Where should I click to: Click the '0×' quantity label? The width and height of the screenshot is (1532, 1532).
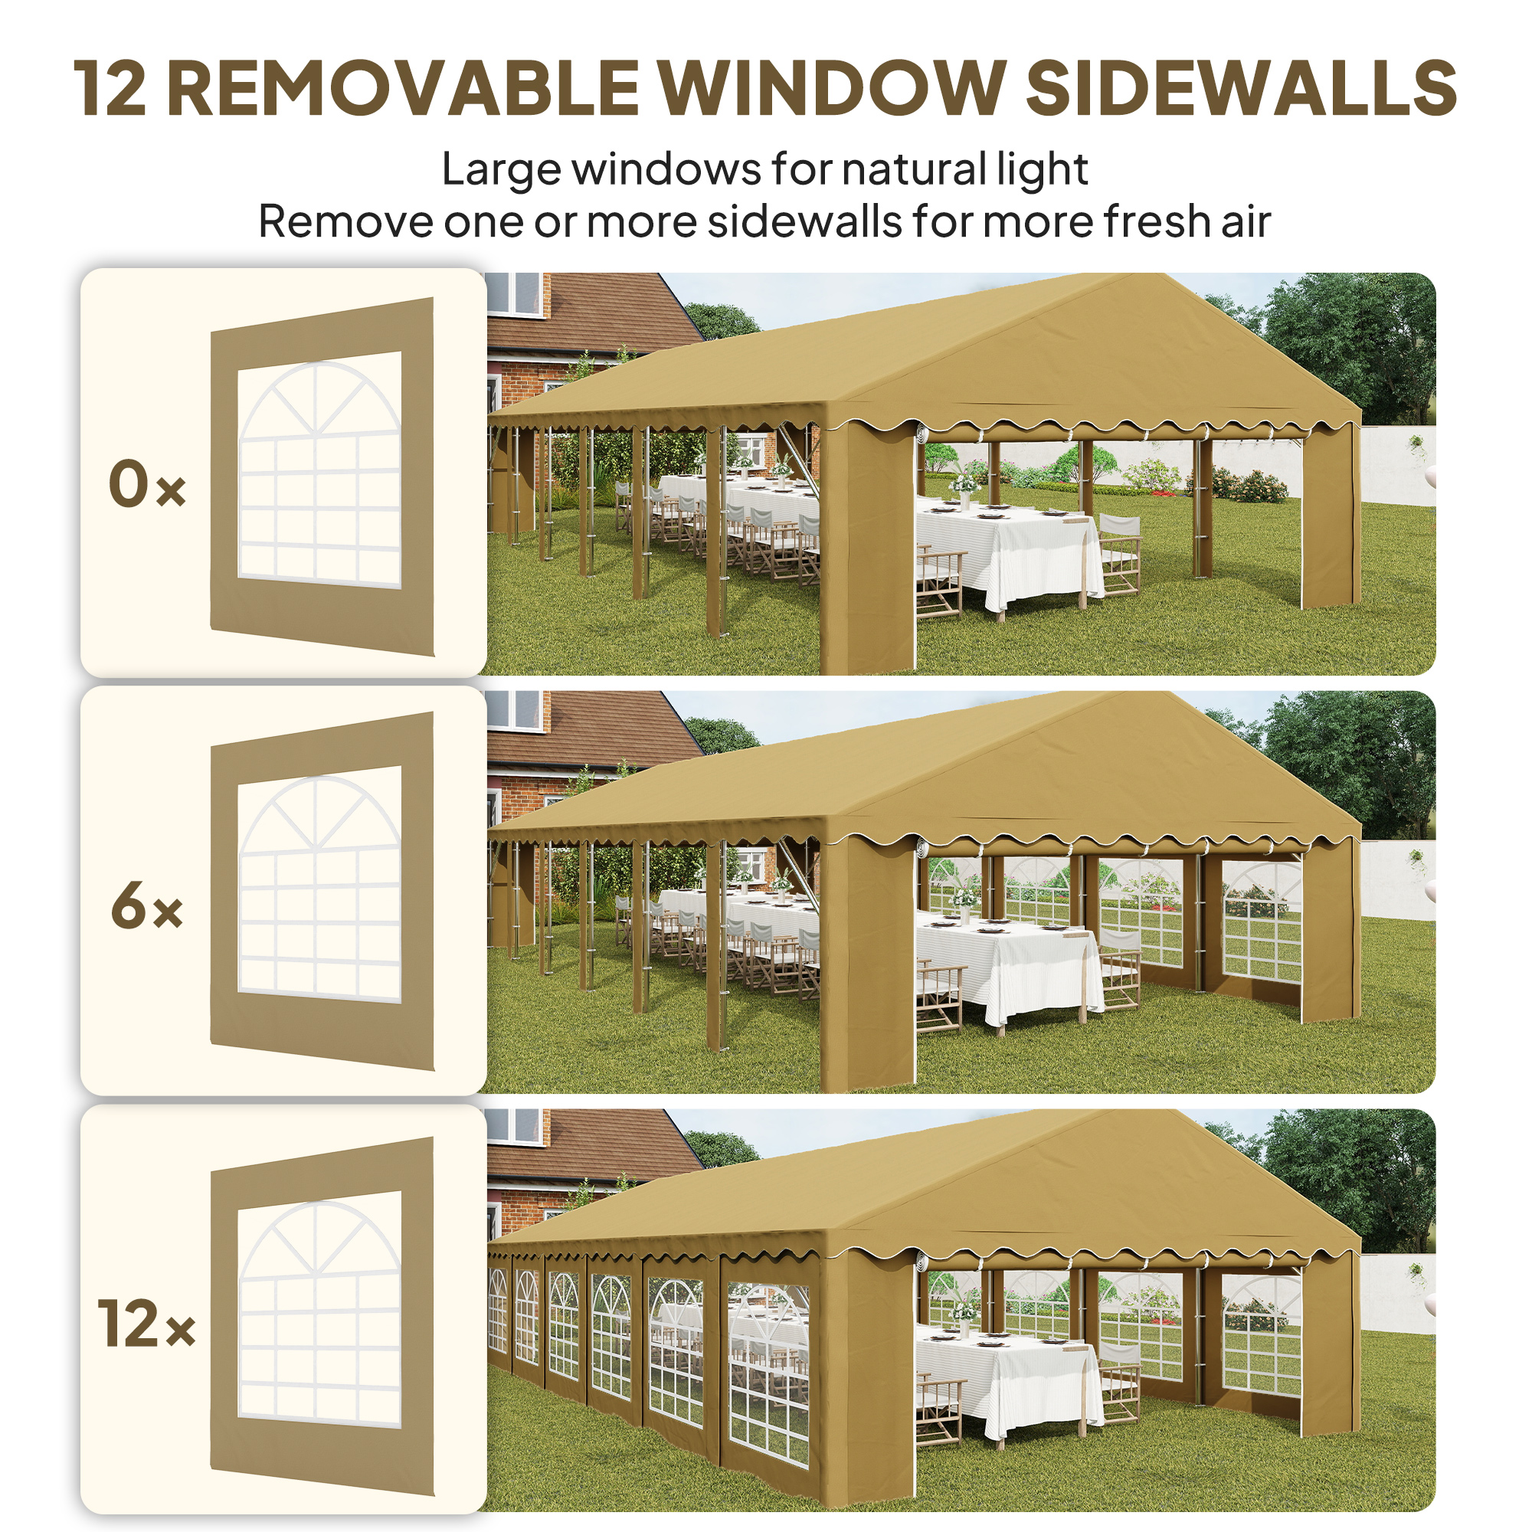click(147, 485)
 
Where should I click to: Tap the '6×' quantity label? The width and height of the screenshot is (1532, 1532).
click(147, 906)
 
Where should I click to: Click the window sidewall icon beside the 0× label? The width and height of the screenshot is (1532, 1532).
click(321, 476)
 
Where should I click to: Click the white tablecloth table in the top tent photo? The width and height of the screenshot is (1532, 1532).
click(1007, 547)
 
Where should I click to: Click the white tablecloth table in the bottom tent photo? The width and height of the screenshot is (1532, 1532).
click(1007, 1383)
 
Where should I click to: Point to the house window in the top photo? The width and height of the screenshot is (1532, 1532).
click(514, 293)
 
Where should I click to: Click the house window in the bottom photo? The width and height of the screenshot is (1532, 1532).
click(514, 1126)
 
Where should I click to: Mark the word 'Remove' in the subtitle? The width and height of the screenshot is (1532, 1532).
click(344, 221)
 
